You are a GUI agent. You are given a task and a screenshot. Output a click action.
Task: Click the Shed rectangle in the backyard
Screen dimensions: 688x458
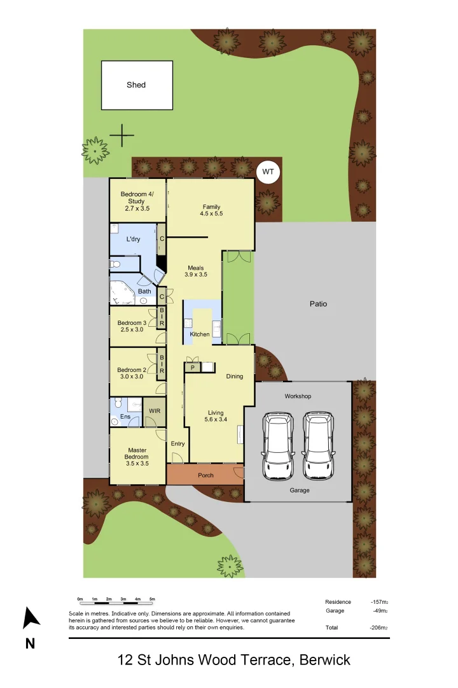click(137, 85)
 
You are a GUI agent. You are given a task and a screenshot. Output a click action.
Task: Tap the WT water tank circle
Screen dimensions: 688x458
click(268, 171)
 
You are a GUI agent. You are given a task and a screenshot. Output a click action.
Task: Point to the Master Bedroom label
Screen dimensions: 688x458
click(137, 457)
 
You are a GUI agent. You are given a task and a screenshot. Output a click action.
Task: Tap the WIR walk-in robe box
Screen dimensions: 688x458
click(155, 412)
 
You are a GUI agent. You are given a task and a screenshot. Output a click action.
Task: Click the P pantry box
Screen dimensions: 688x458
click(192, 367)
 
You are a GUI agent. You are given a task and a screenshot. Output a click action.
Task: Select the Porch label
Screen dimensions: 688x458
click(205, 475)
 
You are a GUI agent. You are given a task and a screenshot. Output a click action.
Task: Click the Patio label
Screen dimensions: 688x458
click(318, 304)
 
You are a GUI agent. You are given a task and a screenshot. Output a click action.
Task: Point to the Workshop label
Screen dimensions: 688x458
click(298, 396)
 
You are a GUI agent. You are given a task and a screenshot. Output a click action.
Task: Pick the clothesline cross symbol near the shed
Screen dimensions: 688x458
click(121, 135)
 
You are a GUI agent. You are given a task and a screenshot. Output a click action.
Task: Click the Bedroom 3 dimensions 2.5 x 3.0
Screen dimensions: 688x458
click(132, 330)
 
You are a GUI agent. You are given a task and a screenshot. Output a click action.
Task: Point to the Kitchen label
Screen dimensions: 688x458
click(200, 334)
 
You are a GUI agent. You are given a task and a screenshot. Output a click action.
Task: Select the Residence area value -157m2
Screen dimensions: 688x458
click(379, 602)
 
